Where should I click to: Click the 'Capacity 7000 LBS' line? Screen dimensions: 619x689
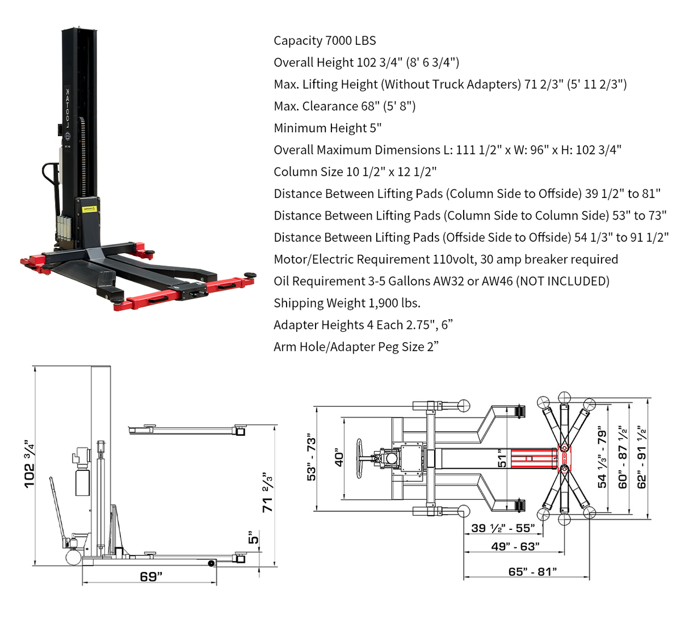[325, 41]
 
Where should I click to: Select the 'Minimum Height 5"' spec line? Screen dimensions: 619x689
[327, 128]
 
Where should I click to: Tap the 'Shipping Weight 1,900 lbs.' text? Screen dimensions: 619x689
[347, 303]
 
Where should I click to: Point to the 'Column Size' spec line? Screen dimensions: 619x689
[355, 172]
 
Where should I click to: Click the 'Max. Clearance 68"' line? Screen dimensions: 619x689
[344, 106]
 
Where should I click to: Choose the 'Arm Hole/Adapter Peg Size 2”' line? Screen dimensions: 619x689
[356, 347]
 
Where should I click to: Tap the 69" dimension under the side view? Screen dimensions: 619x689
[151, 576]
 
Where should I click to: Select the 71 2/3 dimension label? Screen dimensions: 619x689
[267, 492]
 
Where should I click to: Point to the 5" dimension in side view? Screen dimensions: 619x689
[253, 537]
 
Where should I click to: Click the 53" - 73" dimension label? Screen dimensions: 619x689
[312, 460]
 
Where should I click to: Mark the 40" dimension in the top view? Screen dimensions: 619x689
[339, 457]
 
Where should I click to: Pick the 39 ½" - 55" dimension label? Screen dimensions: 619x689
[503, 528]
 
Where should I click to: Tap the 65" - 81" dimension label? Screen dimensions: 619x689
[532, 571]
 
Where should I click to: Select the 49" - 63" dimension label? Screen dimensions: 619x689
[515, 546]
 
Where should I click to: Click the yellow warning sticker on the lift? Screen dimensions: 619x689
[90, 209]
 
